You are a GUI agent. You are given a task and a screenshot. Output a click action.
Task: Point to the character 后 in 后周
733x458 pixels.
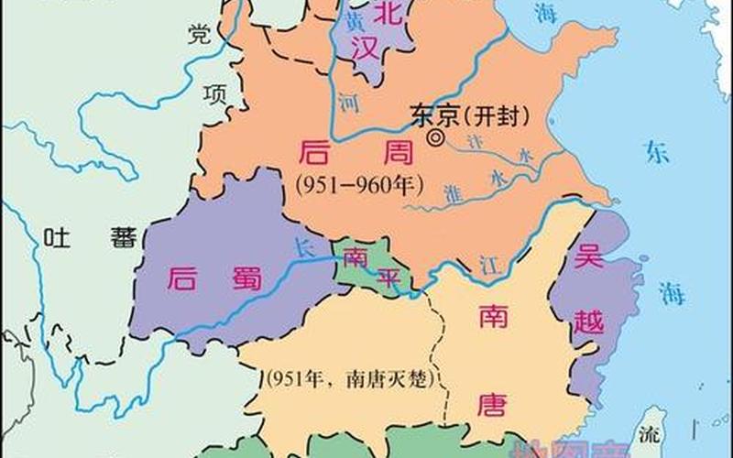tap(316, 152)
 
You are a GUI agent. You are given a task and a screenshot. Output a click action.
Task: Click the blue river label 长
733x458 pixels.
tap(304, 246)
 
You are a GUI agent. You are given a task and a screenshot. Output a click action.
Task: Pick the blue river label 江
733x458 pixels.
tap(487, 265)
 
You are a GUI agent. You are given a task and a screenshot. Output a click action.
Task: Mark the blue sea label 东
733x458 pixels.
tap(656, 151)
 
